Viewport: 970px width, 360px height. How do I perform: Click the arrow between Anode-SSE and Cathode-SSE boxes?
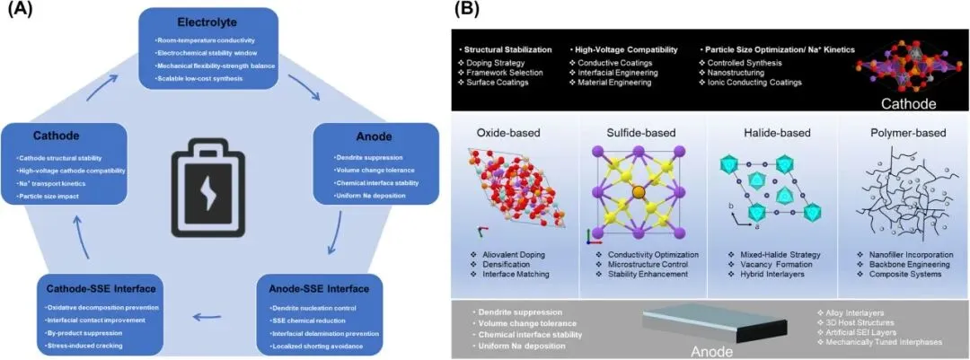click(x=208, y=315)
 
